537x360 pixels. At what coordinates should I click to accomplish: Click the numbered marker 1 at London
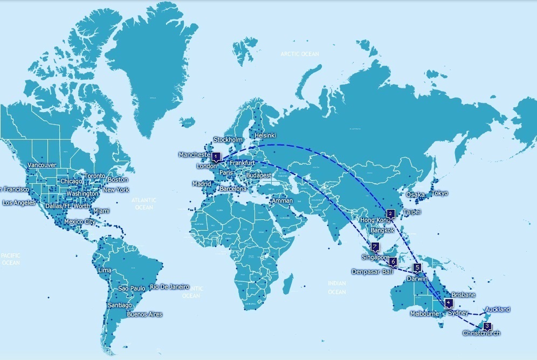216,157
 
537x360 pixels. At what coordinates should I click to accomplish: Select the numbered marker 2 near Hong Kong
391,213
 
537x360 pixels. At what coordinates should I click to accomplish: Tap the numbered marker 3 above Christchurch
487,326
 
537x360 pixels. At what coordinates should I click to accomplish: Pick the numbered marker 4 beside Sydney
449,303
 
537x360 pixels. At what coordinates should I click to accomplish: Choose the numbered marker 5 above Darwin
417,267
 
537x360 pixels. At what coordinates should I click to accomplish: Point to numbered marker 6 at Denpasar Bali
393,262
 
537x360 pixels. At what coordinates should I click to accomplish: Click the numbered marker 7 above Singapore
375,247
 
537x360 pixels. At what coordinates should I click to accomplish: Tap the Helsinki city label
265,136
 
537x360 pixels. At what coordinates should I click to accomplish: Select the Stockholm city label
228,140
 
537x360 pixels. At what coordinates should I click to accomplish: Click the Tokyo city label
439,193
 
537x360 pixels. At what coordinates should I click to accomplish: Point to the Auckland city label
497,309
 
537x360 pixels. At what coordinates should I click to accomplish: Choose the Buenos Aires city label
144,314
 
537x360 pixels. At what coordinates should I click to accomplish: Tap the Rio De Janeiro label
169,287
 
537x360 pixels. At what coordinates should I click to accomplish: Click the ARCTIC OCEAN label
299,54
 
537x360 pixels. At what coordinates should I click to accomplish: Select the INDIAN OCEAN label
337,287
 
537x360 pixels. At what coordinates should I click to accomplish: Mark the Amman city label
283,200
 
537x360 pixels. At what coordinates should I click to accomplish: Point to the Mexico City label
79,222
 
